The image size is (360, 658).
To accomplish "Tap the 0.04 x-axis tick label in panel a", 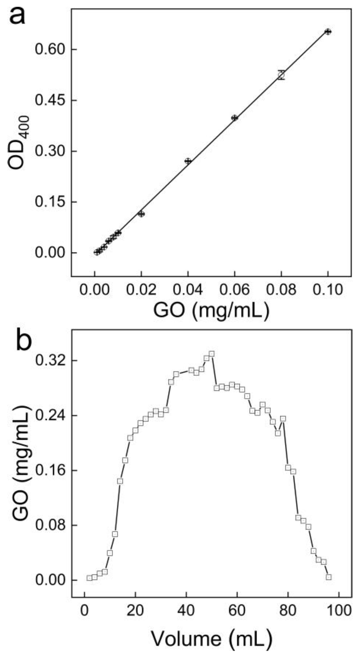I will click(188, 290).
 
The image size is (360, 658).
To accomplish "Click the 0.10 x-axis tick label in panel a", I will click(328, 290).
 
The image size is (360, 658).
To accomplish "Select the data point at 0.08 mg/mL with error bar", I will click(281, 75).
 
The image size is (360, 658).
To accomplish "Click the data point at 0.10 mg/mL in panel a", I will click(328, 32).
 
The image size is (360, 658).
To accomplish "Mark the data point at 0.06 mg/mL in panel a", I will click(234, 118).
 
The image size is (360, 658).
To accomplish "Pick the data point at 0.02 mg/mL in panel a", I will click(141, 214).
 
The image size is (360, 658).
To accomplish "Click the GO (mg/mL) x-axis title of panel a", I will click(211, 310).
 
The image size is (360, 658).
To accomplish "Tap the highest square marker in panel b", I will click(212, 354).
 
